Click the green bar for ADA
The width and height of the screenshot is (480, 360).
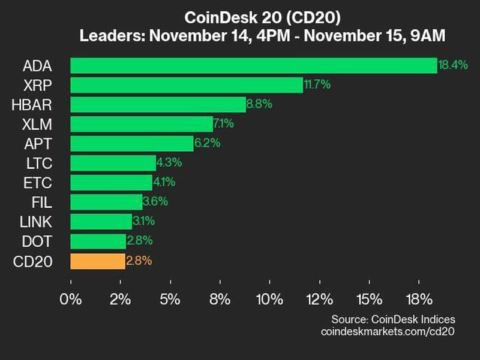coord(253,65)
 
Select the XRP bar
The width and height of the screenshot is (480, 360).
coord(187,85)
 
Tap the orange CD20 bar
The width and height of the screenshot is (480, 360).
coord(98,261)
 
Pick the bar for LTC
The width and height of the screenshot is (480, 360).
coord(113,163)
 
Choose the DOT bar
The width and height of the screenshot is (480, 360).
coord(98,241)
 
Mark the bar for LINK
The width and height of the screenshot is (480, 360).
coord(101,222)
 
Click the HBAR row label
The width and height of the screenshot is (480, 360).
coord(32,105)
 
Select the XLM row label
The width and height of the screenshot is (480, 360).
coord(36,124)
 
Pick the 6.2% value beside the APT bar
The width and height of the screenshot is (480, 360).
coord(208,144)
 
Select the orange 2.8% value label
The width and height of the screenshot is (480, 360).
coord(139,261)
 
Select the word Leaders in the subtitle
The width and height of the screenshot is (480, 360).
coord(107,36)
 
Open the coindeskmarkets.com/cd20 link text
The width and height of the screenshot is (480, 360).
coord(388,332)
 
